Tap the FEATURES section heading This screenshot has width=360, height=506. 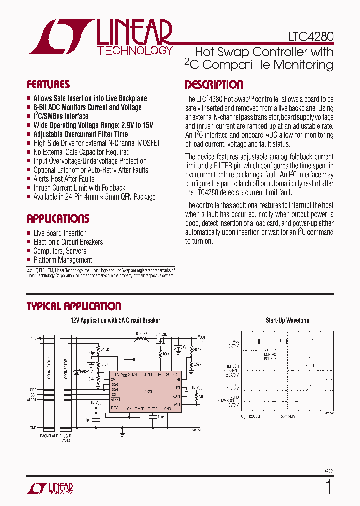click(x=48, y=84)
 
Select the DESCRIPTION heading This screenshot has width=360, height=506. click(x=214, y=84)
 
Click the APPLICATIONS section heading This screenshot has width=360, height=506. click(x=58, y=219)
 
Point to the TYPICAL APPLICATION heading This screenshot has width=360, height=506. click(x=74, y=306)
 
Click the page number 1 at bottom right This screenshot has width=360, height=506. click(x=328, y=486)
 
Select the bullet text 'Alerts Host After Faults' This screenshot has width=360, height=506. click(x=64, y=179)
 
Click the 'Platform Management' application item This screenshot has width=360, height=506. click(x=63, y=260)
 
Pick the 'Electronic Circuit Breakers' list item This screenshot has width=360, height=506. click(x=68, y=242)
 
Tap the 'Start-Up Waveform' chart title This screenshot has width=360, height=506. click(x=287, y=320)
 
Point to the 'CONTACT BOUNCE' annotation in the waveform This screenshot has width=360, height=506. click(x=271, y=356)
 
